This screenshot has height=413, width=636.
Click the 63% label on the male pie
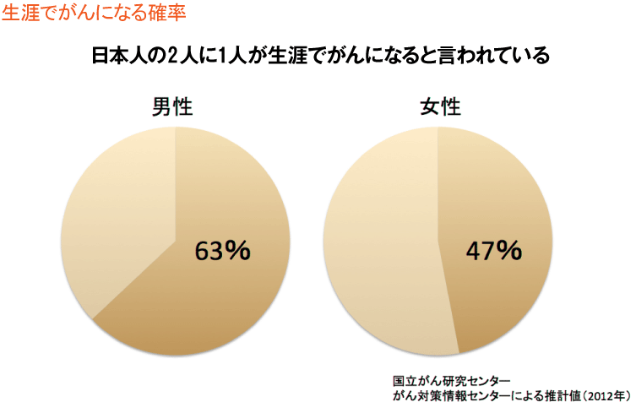pyautogui.click(x=222, y=252)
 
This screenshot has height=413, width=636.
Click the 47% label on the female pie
pyautogui.click(x=493, y=250)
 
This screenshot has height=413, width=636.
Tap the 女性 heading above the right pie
pyautogui.click(x=439, y=107)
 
